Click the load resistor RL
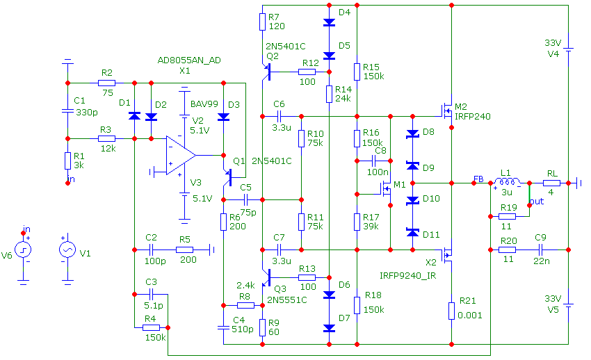point(551,183)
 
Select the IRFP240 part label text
point(473,117)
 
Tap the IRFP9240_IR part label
point(408,276)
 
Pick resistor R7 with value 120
point(262,22)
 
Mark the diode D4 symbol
point(329,22)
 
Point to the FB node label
point(479,177)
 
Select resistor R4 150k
point(151,327)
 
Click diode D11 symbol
point(412,233)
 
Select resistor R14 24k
point(329,94)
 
